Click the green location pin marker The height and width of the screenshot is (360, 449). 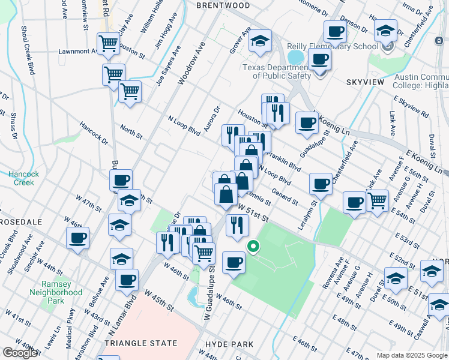[253, 246]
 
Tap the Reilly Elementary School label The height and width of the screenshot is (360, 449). [340, 46]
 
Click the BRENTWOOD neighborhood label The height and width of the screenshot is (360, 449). [223, 5]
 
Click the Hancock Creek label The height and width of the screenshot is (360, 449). [24, 178]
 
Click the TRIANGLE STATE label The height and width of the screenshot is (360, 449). [140, 343]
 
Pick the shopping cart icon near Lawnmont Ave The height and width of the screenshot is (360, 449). [108, 43]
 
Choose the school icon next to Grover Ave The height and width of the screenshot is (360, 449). [260, 41]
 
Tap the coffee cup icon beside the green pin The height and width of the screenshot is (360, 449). [233, 262]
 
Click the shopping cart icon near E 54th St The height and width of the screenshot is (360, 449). [377, 200]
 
